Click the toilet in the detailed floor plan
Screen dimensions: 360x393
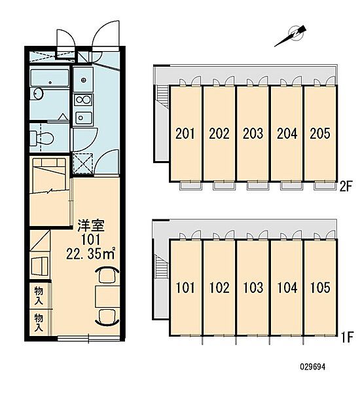click(42, 138)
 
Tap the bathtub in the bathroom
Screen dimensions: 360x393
click(50, 78)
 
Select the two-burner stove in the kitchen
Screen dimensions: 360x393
click(83, 100)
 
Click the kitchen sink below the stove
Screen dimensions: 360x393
click(84, 117)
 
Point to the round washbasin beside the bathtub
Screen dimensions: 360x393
click(37, 94)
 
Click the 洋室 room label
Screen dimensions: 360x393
click(90, 225)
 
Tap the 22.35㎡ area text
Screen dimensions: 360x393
click(91, 253)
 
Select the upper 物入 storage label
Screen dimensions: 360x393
click(39, 296)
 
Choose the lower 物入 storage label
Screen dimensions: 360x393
click(39, 323)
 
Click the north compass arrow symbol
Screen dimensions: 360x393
click(291, 37)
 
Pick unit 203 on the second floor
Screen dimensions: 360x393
click(253, 134)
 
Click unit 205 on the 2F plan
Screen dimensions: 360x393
click(320, 134)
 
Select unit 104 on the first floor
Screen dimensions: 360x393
click(287, 288)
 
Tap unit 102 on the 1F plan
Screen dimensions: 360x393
click(219, 288)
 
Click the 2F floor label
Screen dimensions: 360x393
click(346, 187)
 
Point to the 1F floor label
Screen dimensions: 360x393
click(347, 337)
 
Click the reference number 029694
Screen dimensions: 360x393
click(313, 367)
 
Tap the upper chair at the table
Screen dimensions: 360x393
click(107, 275)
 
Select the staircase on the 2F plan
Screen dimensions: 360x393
click(163, 95)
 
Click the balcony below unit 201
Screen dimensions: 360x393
click(191, 186)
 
